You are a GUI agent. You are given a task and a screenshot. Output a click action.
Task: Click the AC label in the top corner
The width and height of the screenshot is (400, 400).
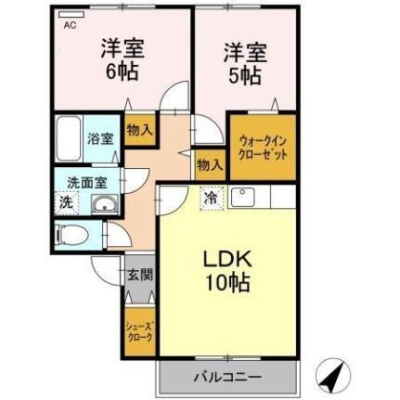coord(69,25)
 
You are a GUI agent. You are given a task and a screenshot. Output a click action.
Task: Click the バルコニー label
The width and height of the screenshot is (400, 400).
coord(227,378)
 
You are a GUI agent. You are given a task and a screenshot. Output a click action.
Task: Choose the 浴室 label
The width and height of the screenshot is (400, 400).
coord(101,139)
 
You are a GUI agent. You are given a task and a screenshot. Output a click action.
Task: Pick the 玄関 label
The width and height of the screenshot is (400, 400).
coord(140,275)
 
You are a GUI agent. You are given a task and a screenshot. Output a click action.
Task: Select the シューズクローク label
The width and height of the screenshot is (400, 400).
coord(140,330)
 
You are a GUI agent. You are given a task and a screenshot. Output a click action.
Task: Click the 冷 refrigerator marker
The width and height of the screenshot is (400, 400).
coord(211,197)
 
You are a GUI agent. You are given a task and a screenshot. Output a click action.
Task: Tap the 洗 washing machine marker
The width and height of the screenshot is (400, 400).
coord(65,201)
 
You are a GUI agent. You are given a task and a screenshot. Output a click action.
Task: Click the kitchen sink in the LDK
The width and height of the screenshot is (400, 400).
coord(245,197)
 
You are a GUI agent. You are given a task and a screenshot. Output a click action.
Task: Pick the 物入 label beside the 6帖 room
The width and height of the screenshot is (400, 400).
coord(140,132)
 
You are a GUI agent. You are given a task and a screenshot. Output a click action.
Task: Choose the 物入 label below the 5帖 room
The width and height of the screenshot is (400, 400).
coord(210,165)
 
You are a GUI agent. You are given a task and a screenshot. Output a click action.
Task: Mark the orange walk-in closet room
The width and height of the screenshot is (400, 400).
coord(263,148)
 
